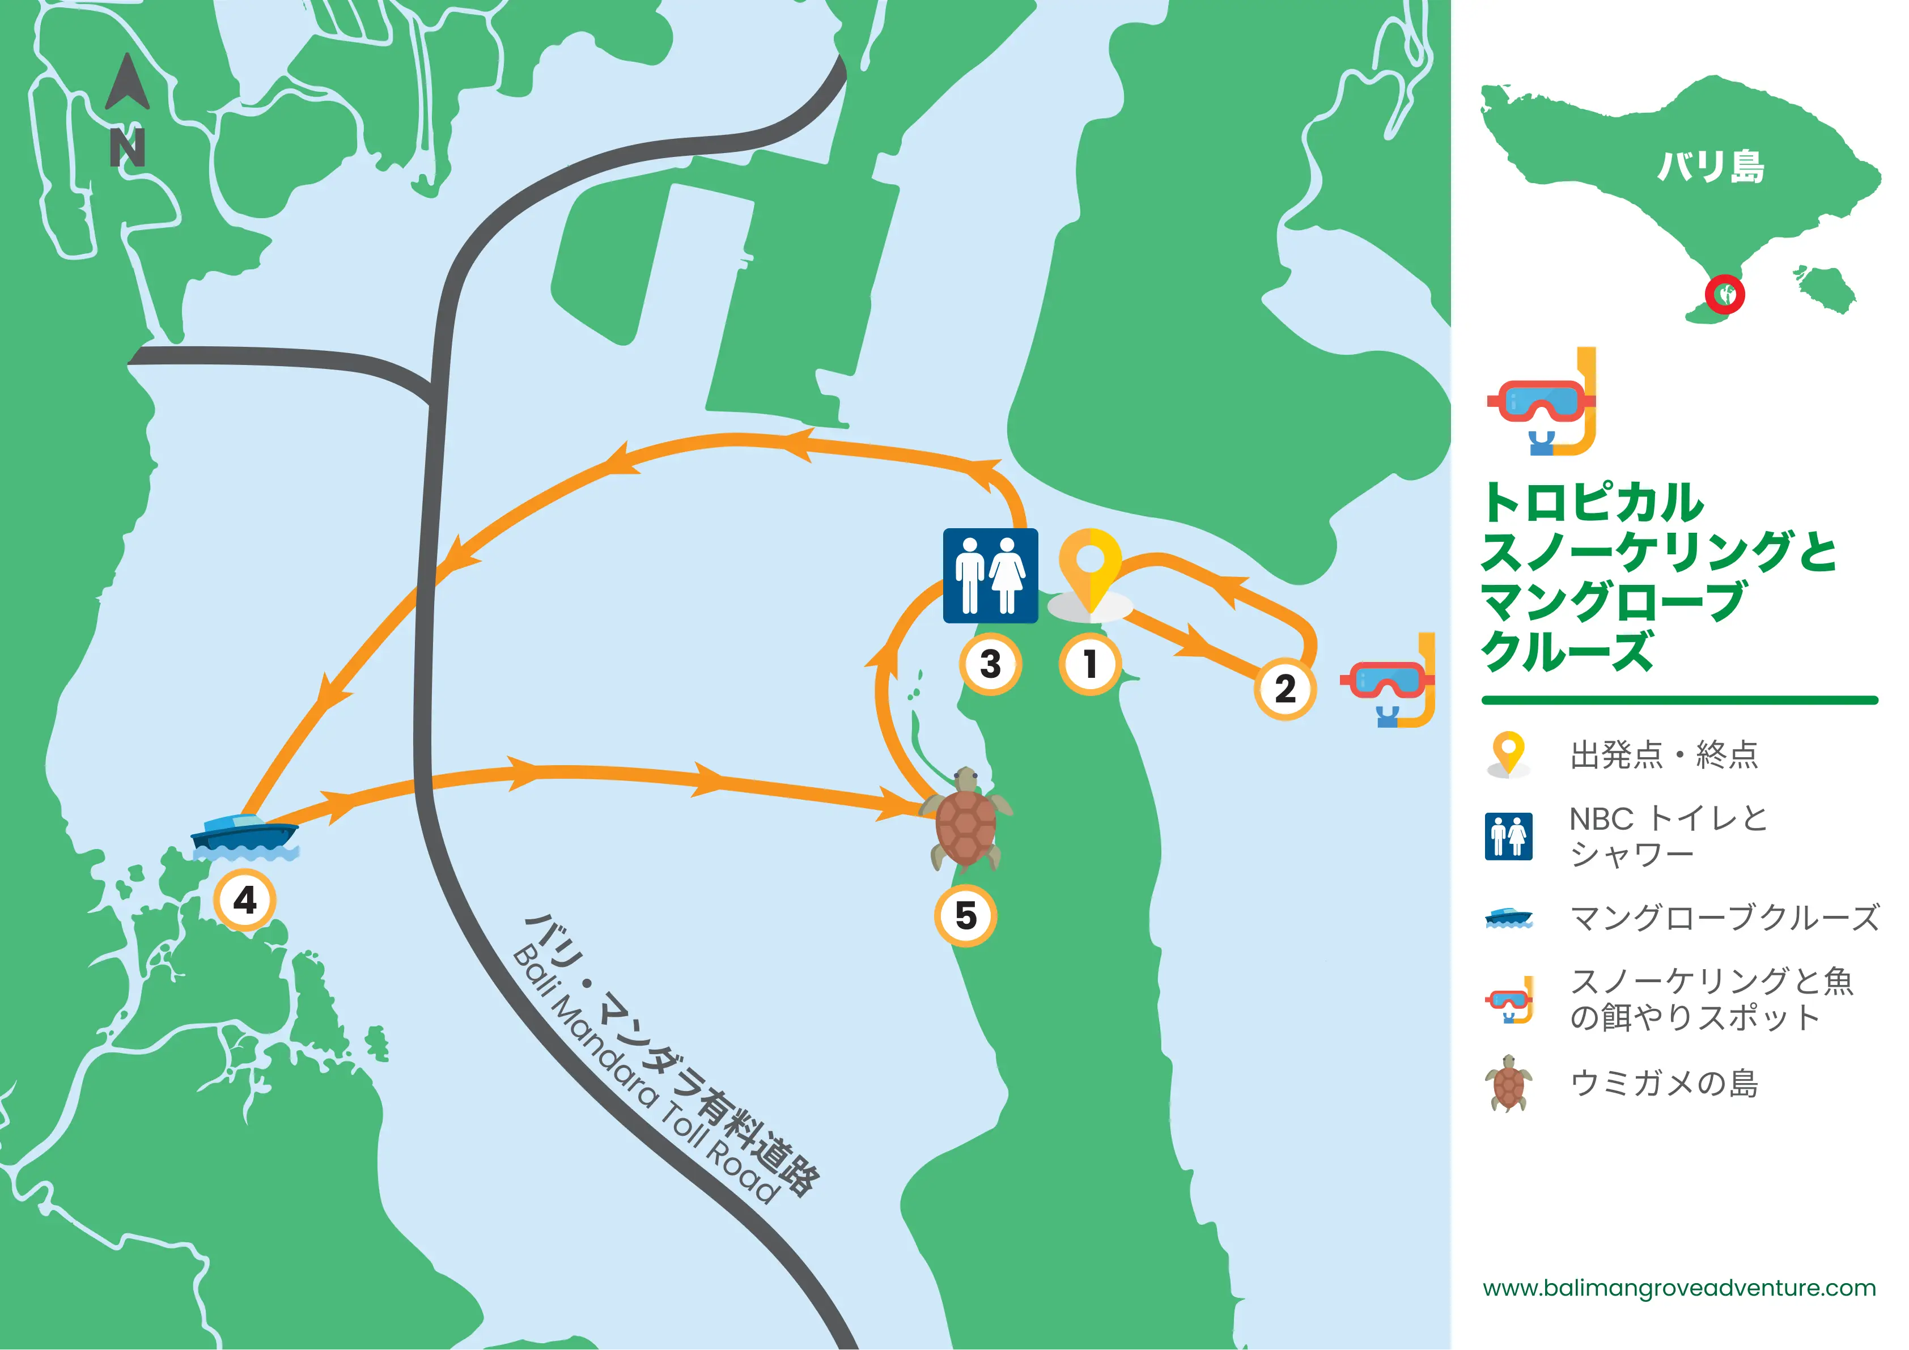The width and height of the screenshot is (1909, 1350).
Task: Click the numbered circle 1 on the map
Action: [1090, 664]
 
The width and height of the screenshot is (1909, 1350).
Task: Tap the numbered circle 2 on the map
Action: [1284, 688]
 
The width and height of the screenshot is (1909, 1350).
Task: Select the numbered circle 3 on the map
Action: [990, 664]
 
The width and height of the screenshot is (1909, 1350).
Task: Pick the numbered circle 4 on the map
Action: [244, 899]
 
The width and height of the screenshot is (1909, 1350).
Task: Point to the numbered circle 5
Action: [965, 915]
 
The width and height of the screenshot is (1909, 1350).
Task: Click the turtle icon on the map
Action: [966, 819]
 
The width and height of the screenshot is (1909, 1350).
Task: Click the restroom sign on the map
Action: [990, 575]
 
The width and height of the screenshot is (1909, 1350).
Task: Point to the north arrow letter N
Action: [127, 147]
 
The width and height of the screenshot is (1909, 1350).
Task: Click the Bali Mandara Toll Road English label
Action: [645, 1076]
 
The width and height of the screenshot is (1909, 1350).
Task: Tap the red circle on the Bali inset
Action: [1724, 294]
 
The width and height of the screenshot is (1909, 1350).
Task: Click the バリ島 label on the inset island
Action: [1710, 166]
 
